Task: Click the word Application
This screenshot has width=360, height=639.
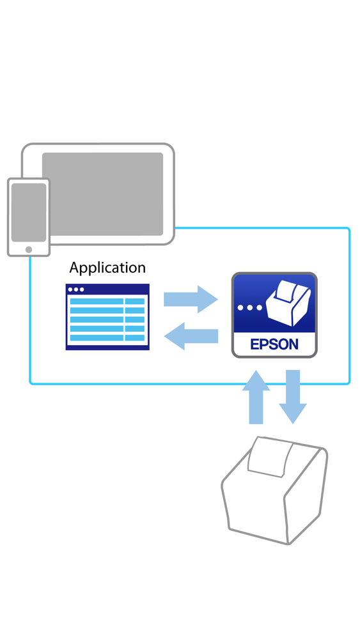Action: pyautogui.click(x=107, y=268)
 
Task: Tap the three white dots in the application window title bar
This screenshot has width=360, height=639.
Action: pyautogui.click(x=75, y=289)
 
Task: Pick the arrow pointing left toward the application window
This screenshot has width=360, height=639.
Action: pyautogui.click(x=191, y=336)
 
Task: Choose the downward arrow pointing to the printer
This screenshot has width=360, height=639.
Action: pyautogui.click(x=293, y=396)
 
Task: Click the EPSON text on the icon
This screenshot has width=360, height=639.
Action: pyautogui.click(x=274, y=344)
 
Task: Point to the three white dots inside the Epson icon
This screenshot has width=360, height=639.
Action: pyautogui.click(x=249, y=307)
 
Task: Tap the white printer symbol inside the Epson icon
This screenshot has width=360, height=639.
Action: pyautogui.click(x=288, y=304)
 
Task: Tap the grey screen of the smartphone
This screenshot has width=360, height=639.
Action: pyautogui.click(x=29, y=212)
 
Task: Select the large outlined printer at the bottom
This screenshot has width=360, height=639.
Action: pyautogui.click(x=275, y=492)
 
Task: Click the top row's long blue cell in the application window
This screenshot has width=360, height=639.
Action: pyautogui.click(x=97, y=301)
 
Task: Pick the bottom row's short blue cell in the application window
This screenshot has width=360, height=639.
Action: pyautogui.click(x=134, y=337)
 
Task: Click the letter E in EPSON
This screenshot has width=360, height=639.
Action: pyautogui.click(x=254, y=344)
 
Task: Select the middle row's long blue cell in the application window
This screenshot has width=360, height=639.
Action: pyautogui.click(x=97, y=319)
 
